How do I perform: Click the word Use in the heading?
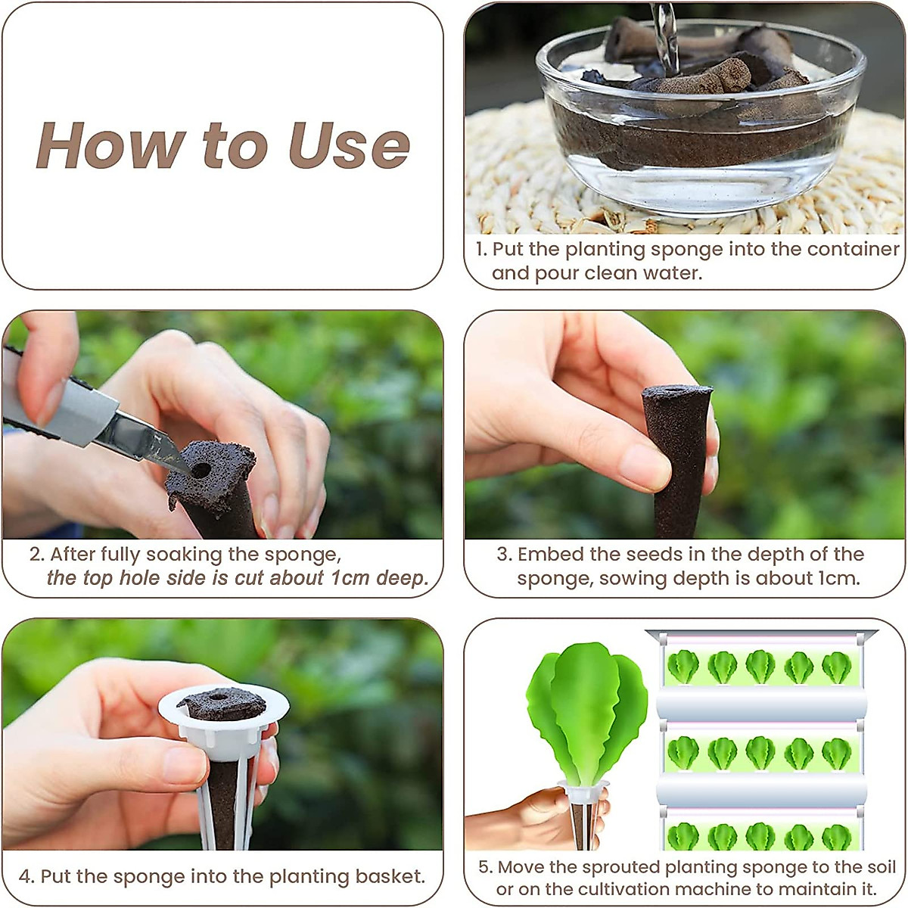coord(349,145)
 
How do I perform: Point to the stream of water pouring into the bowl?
coord(665,34)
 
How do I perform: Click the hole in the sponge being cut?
coord(201,470)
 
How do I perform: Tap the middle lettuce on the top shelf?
coord(760,667)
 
